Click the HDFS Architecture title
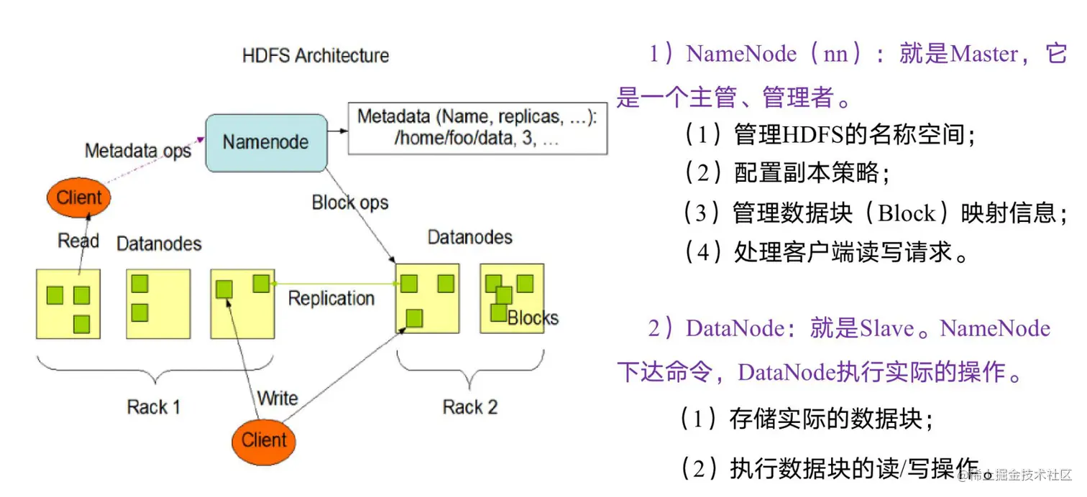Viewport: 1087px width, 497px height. [316, 56]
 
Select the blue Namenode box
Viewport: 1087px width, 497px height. [266, 142]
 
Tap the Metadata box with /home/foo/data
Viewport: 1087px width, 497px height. [477, 129]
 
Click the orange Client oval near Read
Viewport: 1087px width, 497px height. [79, 198]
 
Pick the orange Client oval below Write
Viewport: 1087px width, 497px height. [264, 440]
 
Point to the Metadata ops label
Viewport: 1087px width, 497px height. [138, 151]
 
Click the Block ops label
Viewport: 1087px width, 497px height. [350, 203]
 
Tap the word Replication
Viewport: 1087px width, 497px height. [331, 298]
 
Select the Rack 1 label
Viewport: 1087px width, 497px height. [153, 407]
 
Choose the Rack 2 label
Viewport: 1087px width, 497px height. [470, 407]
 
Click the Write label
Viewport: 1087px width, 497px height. [278, 398]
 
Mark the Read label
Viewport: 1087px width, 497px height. [78, 241]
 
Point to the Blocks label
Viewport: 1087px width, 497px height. [533, 318]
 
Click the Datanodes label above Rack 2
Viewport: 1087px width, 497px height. [470, 237]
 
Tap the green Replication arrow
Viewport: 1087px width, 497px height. [334, 284]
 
